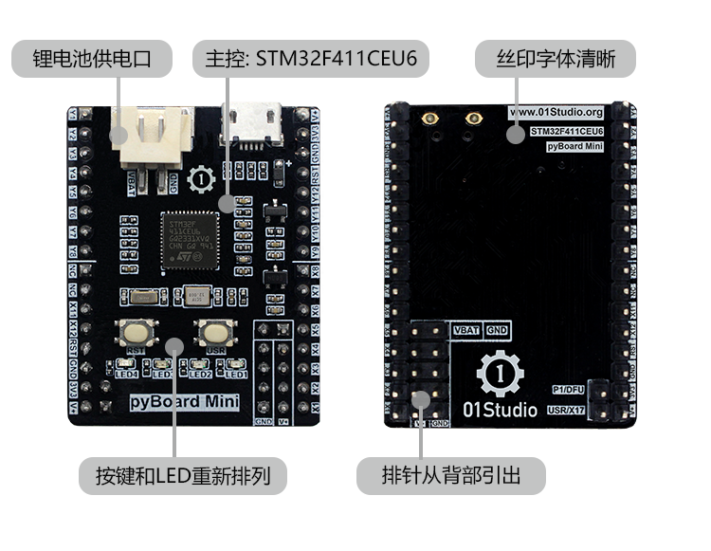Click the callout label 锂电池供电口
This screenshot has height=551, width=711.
click(92, 60)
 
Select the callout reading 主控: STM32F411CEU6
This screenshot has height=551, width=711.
click(310, 60)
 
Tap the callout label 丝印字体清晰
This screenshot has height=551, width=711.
click(556, 60)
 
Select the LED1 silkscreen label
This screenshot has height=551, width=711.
click(235, 375)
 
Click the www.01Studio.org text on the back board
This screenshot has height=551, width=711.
click(556, 112)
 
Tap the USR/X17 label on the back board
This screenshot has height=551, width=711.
click(569, 410)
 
